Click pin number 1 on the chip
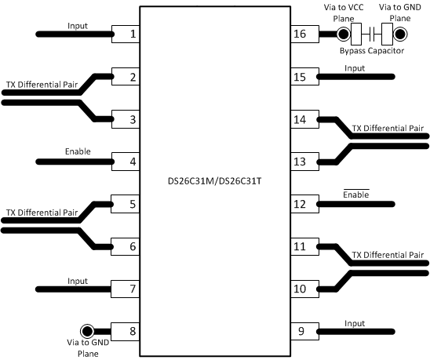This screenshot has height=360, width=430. (x=133, y=35)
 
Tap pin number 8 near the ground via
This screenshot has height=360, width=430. (x=133, y=330)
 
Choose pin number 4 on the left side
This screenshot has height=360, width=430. (x=133, y=162)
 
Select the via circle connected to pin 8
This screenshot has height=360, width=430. (x=86, y=330)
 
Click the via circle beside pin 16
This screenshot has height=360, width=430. (x=343, y=35)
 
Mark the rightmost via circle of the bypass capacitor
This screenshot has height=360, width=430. (x=401, y=35)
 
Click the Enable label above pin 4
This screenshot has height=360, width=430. (x=78, y=151)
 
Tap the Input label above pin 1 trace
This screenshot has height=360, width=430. (x=78, y=24)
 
